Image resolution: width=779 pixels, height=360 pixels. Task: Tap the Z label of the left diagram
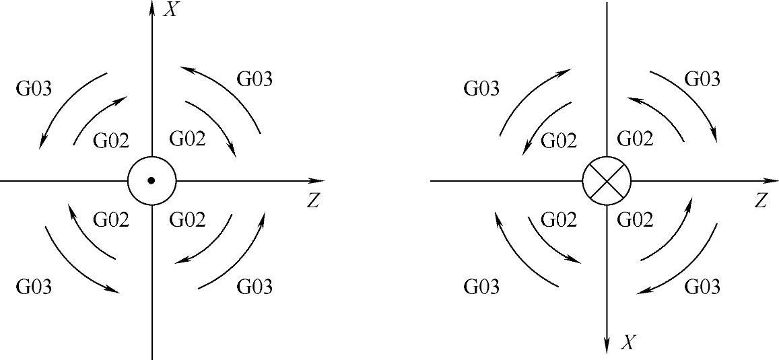[x=312, y=201]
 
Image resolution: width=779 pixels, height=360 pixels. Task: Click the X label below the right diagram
[x=628, y=344]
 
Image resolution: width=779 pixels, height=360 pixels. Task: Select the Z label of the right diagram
[x=761, y=201]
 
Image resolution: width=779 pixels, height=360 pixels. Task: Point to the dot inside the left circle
[x=151, y=180]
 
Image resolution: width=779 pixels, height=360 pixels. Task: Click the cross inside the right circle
[x=607, y=181]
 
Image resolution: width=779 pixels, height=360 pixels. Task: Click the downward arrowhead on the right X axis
[x=607, y=346]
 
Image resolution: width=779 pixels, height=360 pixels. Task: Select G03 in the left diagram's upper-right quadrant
[x=255, y=79]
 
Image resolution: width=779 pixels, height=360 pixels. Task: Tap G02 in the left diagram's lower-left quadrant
[x=111, y=219]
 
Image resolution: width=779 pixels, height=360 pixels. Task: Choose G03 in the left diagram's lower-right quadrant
[x=255, y=287]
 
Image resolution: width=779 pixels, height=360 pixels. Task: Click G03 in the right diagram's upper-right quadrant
[x=702, y=79]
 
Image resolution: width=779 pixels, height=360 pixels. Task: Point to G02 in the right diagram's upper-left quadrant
[x=560, y=141]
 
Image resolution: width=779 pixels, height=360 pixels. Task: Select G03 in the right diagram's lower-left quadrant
[x=482, y=287]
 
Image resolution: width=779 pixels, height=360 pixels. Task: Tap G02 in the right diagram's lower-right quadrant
[x=635, y=219]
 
